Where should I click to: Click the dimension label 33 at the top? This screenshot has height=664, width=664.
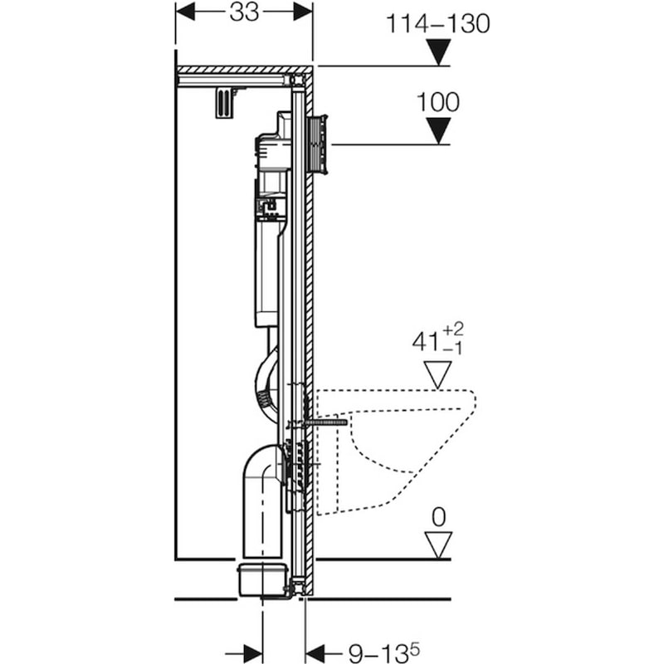point(244,12)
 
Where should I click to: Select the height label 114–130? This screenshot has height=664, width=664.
point(438,24)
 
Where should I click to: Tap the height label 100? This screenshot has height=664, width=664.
point(438,102)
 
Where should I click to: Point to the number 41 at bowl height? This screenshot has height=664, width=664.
point(426,342)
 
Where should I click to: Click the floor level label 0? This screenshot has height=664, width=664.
point(439,517)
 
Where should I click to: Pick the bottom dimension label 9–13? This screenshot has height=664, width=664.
point(379,653)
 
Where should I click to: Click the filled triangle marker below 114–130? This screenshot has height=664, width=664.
point(438,52)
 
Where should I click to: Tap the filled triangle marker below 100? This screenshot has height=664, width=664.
point(438,131)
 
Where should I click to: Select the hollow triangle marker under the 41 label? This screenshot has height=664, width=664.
point(438,374)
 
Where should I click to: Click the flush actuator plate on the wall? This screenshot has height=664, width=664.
point(320,144)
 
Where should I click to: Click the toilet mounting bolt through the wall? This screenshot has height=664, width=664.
point(325,422)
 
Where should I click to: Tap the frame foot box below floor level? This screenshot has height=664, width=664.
point(263,579)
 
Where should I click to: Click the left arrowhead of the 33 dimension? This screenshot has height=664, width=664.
point(185,12)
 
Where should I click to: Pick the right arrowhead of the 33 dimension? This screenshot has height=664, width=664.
point(303,12)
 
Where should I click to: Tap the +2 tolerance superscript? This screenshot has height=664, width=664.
point(453,329)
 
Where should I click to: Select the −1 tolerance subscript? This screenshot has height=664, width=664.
point(452,349)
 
